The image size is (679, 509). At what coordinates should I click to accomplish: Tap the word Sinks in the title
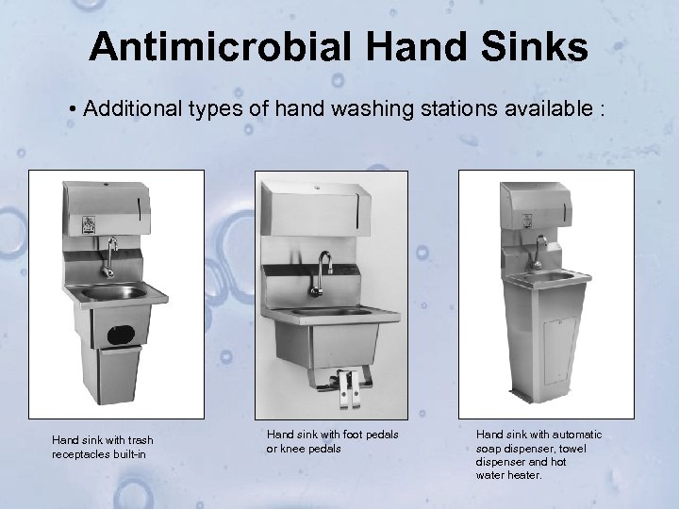(539, 48)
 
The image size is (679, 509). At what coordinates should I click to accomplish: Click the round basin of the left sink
(113, 292)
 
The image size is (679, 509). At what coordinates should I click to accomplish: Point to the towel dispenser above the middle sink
(323, 210)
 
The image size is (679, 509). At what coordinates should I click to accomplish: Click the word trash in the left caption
(138, 440)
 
